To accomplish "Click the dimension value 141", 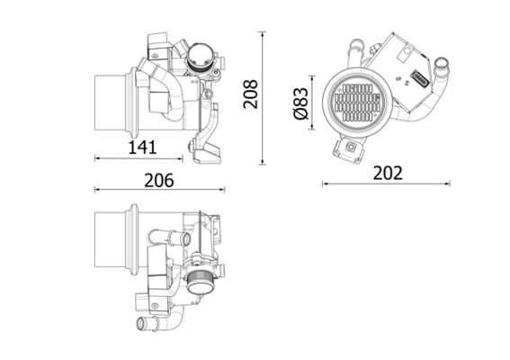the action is coord(142,147).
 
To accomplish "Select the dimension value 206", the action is coord(159,180).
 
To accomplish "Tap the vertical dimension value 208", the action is coord(251,94).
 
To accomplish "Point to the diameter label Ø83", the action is coord(300,103).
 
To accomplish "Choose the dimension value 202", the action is coord(388,173).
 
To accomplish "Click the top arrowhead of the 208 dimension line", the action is coord(263,34).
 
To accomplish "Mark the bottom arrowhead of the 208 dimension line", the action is coord(263,162).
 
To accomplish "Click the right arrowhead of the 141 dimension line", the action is coord(181,158).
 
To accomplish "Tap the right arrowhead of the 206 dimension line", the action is coord(223,189).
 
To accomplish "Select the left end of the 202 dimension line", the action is coord(323,184).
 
